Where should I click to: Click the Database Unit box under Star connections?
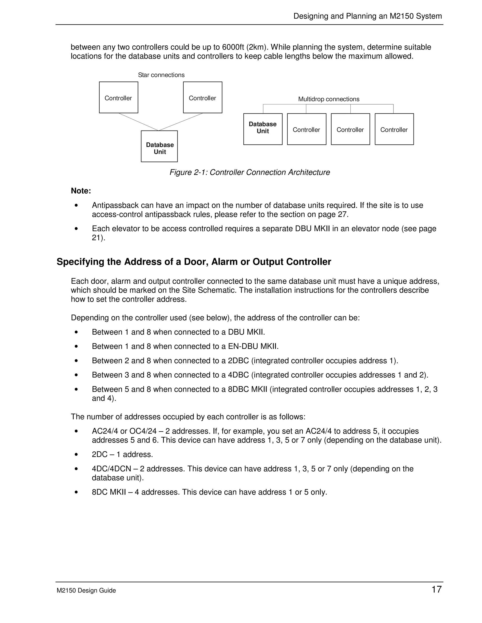[159, 146]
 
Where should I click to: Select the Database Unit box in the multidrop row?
[263, 129]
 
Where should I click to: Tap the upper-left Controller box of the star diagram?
[119, 98]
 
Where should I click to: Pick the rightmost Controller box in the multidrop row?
[394, 129]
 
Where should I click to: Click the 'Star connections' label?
[161, 75]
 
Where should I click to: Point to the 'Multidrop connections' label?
[329, 99]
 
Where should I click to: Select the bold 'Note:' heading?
[81, 191]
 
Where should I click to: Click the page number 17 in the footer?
[436, 589]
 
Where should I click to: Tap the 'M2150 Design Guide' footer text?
[86, 591]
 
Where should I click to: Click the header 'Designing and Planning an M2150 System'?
[367, 16]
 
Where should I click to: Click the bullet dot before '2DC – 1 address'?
[76, 455]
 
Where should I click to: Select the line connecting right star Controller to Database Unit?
[181, 122]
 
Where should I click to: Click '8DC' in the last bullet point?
[99, 492]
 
